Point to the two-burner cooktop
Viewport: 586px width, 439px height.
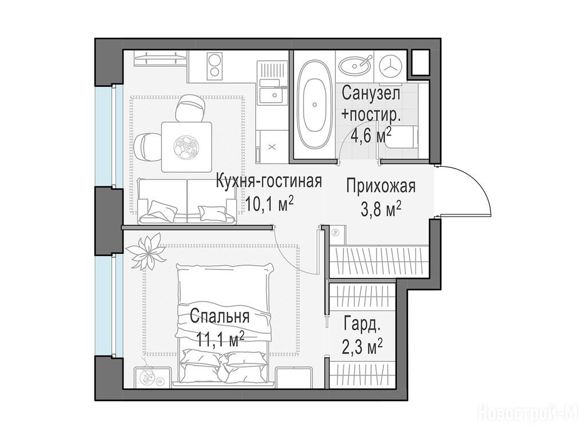click(215, 66)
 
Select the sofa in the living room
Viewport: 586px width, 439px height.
click(187, 201)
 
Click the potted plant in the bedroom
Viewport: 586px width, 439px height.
click(146, 251)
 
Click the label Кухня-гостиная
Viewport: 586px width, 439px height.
click(269, 181)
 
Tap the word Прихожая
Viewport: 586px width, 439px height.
click(381, 186)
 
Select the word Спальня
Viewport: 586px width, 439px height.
click(219, 317)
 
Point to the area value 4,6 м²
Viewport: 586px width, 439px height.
click(371, 135)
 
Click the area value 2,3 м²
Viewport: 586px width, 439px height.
click(362, 347)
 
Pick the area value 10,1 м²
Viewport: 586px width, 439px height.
click(269, 203)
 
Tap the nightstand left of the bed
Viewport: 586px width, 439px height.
click(152, 378)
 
